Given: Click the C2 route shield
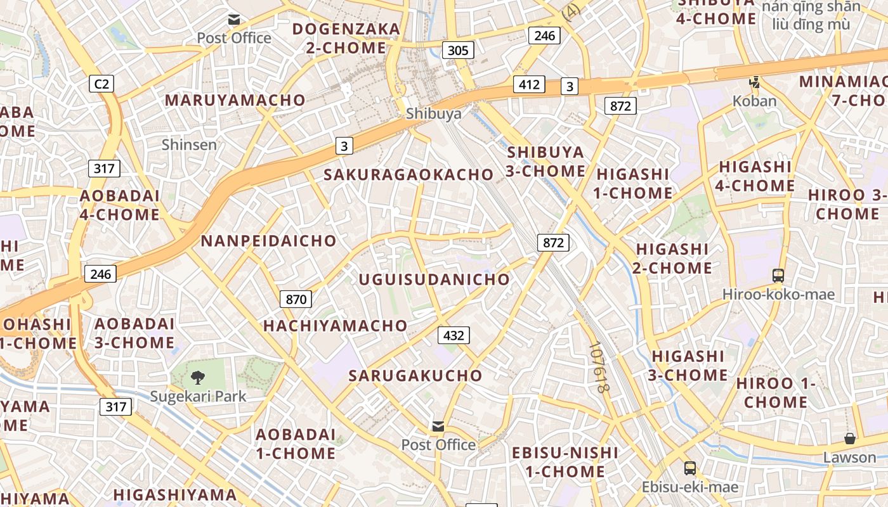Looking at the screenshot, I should point(101,83).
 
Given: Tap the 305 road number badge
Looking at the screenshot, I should point(458,50).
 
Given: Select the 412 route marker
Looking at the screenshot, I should point(529,84).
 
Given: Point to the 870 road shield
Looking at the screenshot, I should point(296,299).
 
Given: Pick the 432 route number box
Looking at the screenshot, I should point(454,335).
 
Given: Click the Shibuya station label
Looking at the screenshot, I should point(434,113).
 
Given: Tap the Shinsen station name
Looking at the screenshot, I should point(189,144).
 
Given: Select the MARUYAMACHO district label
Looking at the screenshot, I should point(235,100).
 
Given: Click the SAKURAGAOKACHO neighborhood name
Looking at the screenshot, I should point(409,174).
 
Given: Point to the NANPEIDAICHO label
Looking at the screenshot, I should point(269,241).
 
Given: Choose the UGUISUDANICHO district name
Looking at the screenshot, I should point(434,279).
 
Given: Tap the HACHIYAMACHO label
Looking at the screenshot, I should point(336,326).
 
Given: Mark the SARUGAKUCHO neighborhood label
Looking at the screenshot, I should point(415,375).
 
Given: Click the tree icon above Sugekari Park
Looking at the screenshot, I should point(198,378).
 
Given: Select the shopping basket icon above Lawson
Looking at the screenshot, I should point(849,439).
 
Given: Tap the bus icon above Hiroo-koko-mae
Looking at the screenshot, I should point(778,276).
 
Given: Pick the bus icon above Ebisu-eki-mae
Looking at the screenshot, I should point(689,468).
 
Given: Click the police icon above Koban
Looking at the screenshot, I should point(754,82).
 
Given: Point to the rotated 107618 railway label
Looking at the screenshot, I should point(598,368).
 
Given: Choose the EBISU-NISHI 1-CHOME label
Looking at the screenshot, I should point(565,462).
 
